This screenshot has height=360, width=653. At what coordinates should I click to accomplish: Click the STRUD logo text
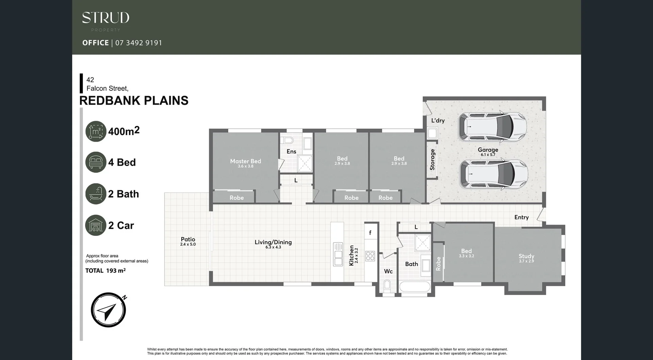pyautogui.click(x=105, y=18)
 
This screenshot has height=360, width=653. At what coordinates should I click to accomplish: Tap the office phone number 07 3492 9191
pyautogui.click(x=138, y=43)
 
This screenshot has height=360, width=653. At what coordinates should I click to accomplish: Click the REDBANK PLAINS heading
pyautogui.click(x=134, y=101)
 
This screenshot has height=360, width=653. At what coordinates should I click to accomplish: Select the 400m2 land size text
pyautogui.click(x=124, y=131)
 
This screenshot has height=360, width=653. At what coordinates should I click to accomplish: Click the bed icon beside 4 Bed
pyautogui.click(x=96, y=162)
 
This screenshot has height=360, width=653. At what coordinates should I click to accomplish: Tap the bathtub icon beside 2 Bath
pyautogui.click(x=96, y=194)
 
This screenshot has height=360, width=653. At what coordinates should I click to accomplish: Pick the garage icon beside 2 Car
pyautogui.click(x=96, y=225)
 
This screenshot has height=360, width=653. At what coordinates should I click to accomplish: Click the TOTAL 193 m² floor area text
pyautogui.click(x=105, y=271)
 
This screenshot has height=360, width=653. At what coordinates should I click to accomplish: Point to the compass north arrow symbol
pyautogui.click(x=108, y=310)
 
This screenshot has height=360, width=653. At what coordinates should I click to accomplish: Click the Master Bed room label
pyautogui.click(x=246, y=161)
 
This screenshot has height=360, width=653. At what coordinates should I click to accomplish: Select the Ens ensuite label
pyautogui.click(x=291, y=151)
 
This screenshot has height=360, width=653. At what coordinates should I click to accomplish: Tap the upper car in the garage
pyautogui.click(x=492, y=127)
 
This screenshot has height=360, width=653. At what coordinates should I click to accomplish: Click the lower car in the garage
pyautogui.click(x=493, y=174)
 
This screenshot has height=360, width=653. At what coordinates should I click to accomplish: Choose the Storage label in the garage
pyautogui.click(x=432, y=160)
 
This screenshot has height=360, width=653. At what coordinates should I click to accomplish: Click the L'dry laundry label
pyautogui.click(x=438, y=120)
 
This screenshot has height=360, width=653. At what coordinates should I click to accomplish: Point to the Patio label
pyautogui.click(x=188, y=240)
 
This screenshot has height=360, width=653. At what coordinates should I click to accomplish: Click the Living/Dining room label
pyautogui.click(x=273, y=242)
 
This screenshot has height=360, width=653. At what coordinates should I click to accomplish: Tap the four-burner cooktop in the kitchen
pyautogui.click(x=370, y=256)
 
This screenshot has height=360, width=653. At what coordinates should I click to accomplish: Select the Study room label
pyautogui.click(x=526, y=256)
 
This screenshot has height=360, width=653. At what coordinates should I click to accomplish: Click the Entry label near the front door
pyautogui.click(x=521, y=217)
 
